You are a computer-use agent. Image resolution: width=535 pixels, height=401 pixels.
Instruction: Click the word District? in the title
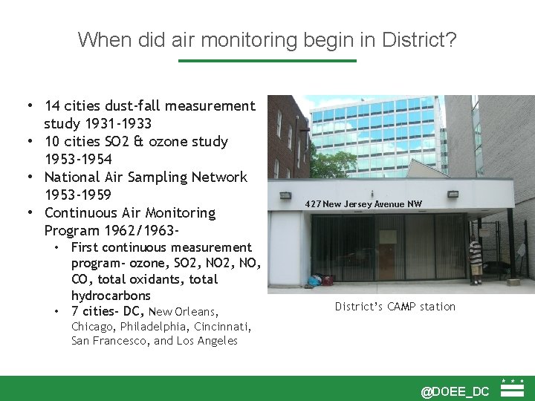[x=419, y=39]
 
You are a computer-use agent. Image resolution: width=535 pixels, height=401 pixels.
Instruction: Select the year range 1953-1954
[x=78, y=159]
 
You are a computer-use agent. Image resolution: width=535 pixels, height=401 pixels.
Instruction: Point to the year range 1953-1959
[x=78, y=195]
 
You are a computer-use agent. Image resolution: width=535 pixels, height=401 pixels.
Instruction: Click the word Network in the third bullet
[x=219, y=177]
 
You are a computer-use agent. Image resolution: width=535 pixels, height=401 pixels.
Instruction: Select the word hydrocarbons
[x=111, y=296]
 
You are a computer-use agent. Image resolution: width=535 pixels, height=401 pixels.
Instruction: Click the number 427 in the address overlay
[x=313, y=204]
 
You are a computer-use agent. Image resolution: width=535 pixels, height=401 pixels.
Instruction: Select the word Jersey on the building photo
[x=360, y=204]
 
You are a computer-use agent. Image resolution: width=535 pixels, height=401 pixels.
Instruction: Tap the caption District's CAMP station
[x=395, y=307]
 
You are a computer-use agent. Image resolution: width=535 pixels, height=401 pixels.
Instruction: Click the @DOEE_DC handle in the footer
[x=455, y=391]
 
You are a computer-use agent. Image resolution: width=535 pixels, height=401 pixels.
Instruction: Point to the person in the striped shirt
[x=476, y=262]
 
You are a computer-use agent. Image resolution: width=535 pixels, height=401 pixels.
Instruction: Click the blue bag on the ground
[x=317, y=281]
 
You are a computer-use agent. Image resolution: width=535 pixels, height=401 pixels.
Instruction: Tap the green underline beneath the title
[x=267, y=61]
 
